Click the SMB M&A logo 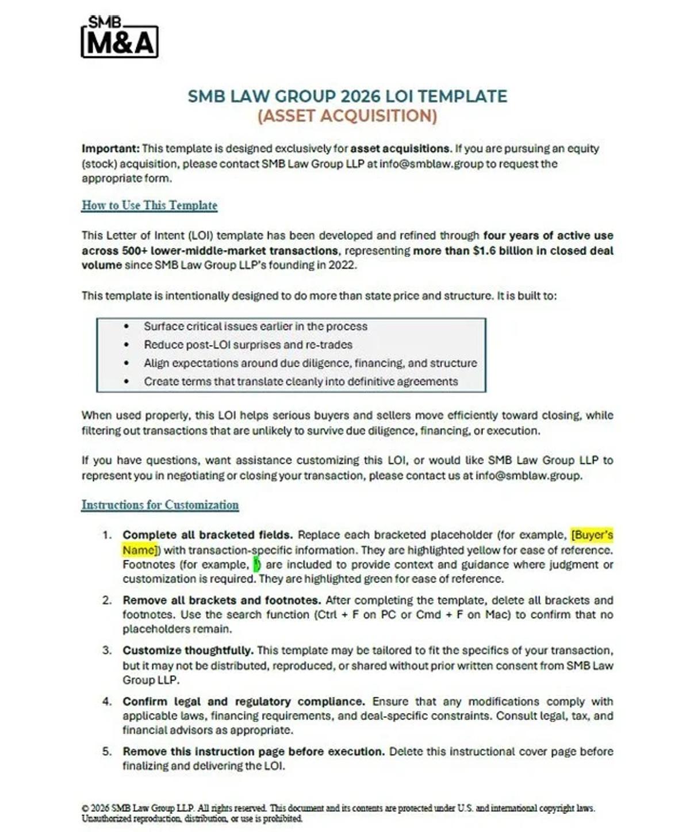(x=120, y=38)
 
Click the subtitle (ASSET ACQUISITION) (x=347, y=116)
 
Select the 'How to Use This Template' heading (x=149, y=205)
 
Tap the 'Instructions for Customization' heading (x=160, y=505)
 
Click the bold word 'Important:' (x=110, y=148)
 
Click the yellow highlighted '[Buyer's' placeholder (x=592, y=535)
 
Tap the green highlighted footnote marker (x=256, y=565)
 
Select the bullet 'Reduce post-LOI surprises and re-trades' (x=248, y=344)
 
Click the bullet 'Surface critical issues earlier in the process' (x=255, y=326)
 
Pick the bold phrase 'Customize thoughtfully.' (x=187, y=650)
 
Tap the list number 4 (x=106, y=701)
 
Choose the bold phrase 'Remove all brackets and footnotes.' (x=221, y=600)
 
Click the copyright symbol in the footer (x=85, y=808)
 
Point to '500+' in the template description (x=134, y=251)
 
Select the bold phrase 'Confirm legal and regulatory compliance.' (x=243, y=701)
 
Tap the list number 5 (x=106, y=752)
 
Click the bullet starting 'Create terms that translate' (x=301, y=381)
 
